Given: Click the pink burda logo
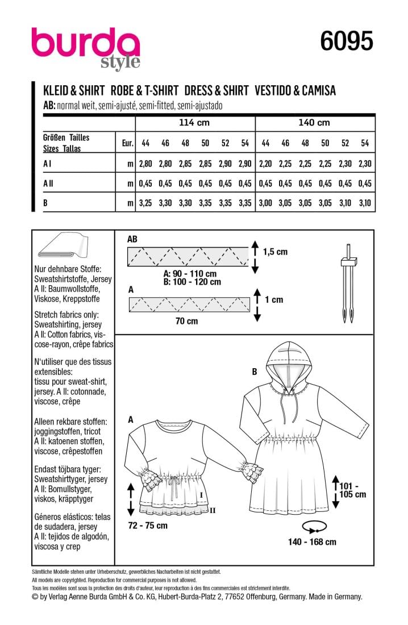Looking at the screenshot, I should [85, 45].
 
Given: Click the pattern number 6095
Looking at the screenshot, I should [347, 41].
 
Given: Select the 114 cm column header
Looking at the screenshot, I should [194, 123].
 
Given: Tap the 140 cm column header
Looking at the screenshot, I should [315, 123].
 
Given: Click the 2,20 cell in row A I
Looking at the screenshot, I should [265, 164].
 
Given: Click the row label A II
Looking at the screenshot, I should [50, 182].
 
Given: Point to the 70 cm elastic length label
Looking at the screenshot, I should [187, 321].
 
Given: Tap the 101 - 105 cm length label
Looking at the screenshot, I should [352, 490].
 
